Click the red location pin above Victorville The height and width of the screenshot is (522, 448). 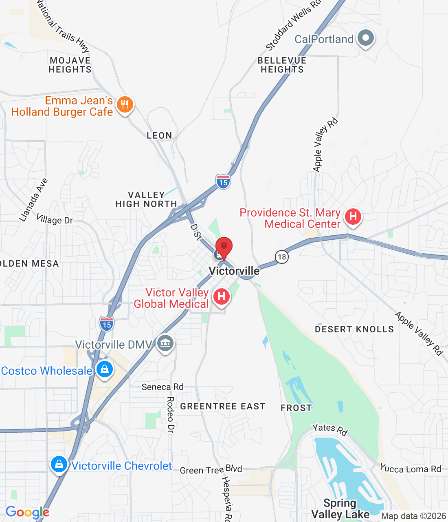click(224, 247)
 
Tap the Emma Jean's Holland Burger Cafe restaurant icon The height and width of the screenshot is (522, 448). click(125, 105)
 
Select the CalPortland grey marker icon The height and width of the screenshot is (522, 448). click(365, 38)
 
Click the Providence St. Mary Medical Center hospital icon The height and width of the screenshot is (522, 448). click(353, 216)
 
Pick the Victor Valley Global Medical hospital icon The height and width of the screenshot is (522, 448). click(221, 296)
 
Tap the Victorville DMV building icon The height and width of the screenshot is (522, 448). click(165, 343)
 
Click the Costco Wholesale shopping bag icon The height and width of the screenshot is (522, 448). click(105, 369)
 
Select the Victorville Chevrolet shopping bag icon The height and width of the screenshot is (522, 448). click(59, 464)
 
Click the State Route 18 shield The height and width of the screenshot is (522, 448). click(281, 257)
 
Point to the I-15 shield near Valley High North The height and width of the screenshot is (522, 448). click(223, 181)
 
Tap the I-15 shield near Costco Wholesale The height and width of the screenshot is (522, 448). click(106, 323)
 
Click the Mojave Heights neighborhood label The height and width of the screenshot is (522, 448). click(70, 65)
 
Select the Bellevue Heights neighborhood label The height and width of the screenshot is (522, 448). click(282, 65)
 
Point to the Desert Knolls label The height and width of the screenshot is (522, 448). click(354, 329)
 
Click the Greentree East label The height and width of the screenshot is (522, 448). click(223, 406)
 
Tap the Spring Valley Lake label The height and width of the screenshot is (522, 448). click(340, 509)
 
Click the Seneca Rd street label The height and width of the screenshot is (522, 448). click(163, 387)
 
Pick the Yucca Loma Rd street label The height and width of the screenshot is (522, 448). click(410, 469)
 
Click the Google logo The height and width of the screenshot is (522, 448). click(27, 513)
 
